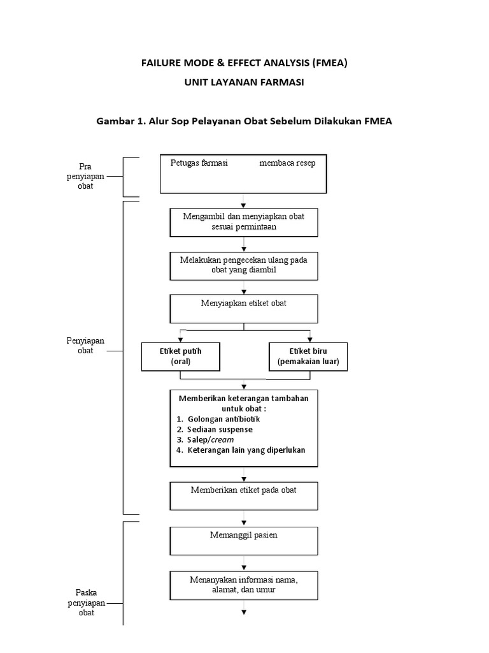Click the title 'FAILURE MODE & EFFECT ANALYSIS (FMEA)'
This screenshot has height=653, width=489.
244,63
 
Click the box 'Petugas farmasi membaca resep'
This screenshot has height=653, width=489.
243,173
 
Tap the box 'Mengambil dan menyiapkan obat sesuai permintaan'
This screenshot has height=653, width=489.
243,221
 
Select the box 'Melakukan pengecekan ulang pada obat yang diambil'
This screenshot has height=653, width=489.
243,265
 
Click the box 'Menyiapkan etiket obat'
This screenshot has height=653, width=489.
243,309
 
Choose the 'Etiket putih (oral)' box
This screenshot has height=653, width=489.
181,356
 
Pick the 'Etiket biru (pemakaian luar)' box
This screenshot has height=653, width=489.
308,356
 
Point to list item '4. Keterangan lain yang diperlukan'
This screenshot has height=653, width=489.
241,450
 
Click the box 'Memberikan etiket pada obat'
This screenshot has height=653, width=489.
243,496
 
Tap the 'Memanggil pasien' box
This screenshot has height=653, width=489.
243,541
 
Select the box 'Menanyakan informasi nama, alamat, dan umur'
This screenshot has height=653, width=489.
243,585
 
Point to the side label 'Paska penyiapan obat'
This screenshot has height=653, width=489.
85,602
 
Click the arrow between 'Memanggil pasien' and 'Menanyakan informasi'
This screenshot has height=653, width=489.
244,564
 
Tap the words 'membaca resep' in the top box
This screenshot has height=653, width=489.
287,163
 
